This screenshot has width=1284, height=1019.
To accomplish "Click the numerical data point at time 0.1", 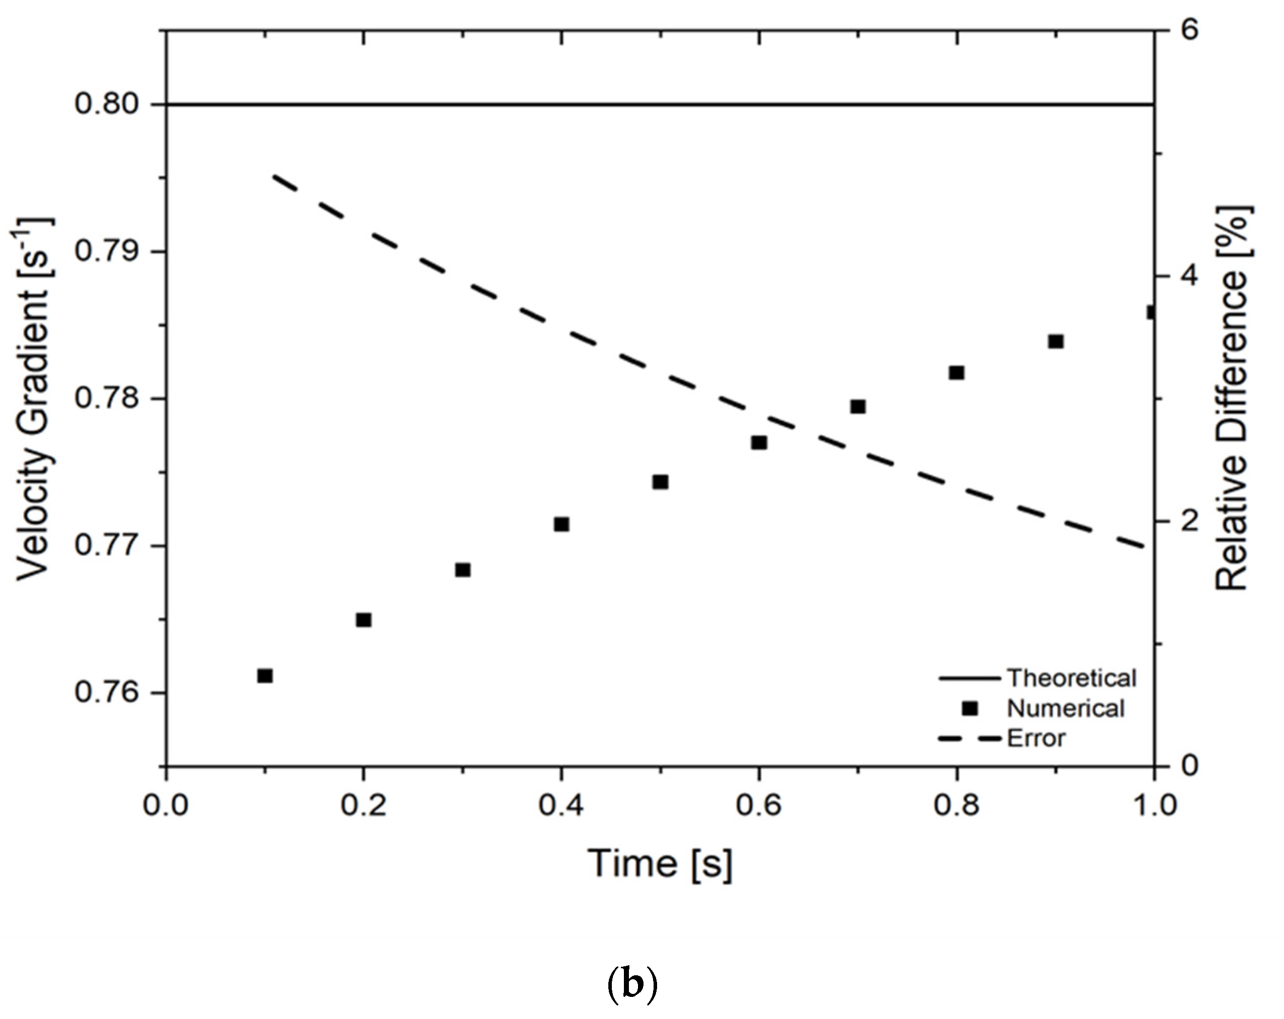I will point(265,675).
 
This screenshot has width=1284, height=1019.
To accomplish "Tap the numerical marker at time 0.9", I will point(1056,341).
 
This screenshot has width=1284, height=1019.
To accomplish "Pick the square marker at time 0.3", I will point(463,570).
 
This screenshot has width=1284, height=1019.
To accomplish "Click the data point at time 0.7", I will point(858,406).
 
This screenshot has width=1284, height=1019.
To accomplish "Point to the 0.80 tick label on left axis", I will point(98,104).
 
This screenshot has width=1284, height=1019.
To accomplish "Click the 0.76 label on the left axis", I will point(98,692).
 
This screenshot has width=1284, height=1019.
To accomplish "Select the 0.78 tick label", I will point(98,397).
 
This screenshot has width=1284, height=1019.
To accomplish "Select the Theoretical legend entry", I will point(1071,678).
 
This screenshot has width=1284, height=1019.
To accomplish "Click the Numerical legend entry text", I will point(1065,708).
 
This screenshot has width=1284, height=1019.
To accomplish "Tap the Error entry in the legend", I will point(1036,738).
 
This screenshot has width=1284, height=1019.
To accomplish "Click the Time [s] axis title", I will point(660,864).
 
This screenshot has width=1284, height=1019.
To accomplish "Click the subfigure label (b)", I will point(632,985).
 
